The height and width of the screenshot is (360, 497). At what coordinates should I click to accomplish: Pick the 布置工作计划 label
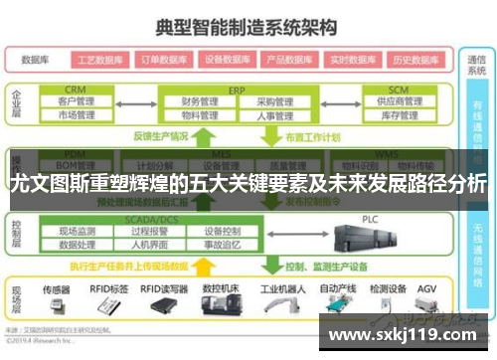coord(307,136)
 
